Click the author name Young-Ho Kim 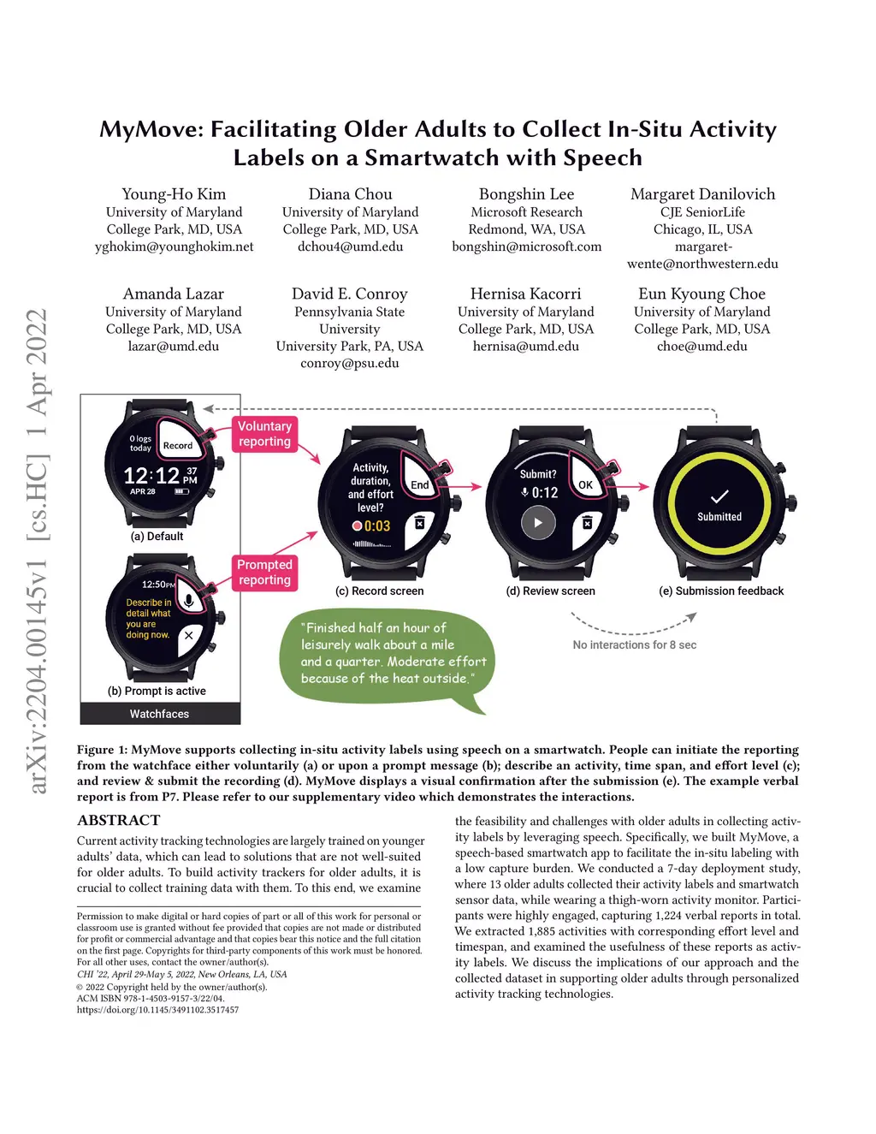(174, 194)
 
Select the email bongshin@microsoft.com (526, 246)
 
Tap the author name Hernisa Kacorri (525, 294)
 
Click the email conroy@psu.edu (349, 363)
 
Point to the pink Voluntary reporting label (264, 434)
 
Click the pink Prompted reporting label (264, 573)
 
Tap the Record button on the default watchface (178, 445)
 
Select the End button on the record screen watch (419, 484)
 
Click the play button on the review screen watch (538, 523)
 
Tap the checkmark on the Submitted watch (719, 496)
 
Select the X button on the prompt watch (188, 636)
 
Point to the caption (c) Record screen (379, 591)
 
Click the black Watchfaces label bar (160, 714)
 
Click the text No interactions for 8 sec (634, 644)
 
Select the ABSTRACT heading (119, 820)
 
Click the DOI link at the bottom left (157, 1010)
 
